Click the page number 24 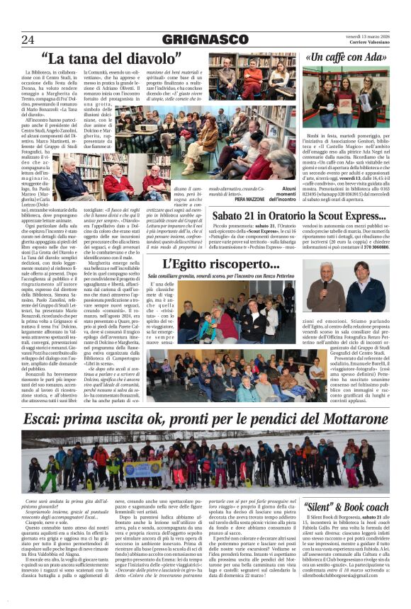(x=28, y=39)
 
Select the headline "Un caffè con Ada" (x=347, y=57)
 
